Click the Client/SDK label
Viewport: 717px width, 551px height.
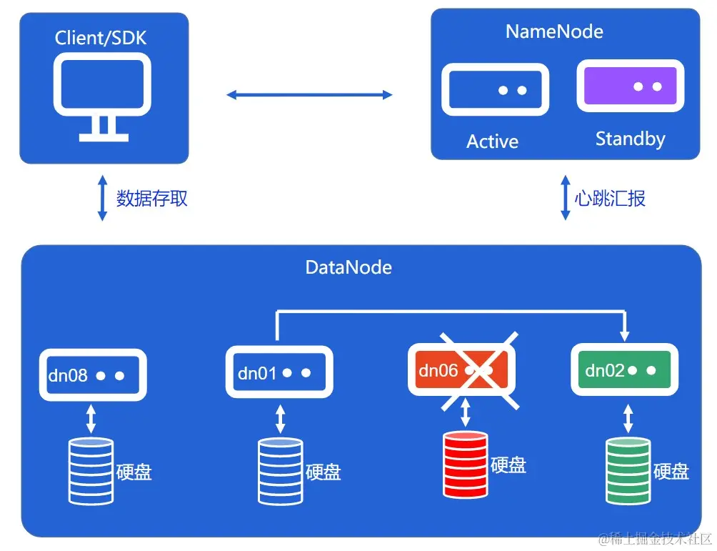click(x=101, y=37)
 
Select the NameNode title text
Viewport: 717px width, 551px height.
click(x=554, y=31)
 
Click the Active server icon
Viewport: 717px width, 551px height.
click(x=496, y=89)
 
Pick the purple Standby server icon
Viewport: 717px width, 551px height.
click(x=630, y=86)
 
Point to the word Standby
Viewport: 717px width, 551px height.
click(x=630, y=139)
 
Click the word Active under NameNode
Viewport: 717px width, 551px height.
click(x=492, y=142)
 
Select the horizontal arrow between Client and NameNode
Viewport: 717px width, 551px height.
click(x=309, y=94)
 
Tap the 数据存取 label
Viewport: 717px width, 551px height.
click(x=152, y=197)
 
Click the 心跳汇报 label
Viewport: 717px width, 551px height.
click(x=610, y=197)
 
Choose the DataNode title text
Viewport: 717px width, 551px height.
click(x=349, y=267)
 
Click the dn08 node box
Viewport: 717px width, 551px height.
click(x=93, y=374)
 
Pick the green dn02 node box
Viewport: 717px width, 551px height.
click(x=624, y=370)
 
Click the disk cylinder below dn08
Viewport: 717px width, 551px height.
click(x=91, y=470)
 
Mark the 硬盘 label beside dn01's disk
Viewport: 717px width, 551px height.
click(x=323, y=472)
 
